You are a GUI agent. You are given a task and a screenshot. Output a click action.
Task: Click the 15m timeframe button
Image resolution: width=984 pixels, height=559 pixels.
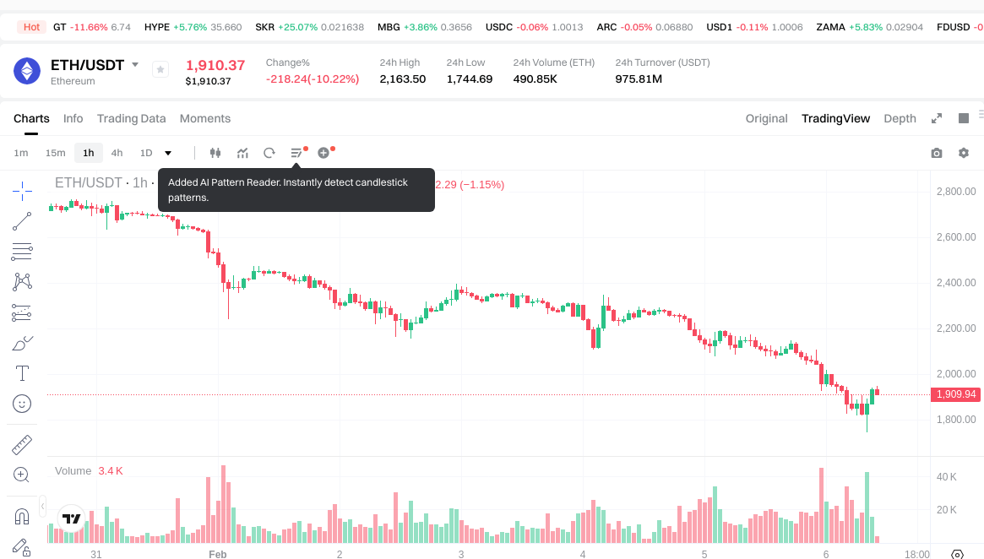55,153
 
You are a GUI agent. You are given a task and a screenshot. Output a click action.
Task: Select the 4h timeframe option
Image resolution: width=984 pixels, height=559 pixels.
117,153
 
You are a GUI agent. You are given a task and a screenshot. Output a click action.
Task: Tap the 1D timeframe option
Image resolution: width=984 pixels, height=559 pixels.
146,153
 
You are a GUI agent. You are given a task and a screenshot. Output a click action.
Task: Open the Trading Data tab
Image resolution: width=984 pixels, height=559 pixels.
131,118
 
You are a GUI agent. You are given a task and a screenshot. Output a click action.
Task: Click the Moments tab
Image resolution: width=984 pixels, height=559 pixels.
205,118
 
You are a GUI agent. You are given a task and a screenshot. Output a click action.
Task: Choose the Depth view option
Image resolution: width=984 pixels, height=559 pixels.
900,118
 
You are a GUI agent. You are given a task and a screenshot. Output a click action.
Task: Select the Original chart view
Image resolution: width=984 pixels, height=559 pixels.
766,118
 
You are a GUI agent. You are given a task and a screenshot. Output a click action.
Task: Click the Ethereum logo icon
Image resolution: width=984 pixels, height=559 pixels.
27,71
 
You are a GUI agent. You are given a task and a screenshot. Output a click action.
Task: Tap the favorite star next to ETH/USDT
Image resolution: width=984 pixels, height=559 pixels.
160,70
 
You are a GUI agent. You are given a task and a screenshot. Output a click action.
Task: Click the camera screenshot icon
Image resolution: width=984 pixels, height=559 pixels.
936,153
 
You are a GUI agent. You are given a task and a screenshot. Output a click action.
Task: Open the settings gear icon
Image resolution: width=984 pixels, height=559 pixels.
964,153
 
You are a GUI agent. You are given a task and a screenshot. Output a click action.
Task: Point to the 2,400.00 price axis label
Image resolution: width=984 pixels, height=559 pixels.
956,283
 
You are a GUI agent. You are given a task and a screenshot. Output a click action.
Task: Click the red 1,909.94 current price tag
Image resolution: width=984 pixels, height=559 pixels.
956,394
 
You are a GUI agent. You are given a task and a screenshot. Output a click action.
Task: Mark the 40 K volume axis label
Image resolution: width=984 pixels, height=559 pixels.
946,477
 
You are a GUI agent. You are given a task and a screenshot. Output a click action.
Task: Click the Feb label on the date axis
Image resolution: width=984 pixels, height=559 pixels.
218,555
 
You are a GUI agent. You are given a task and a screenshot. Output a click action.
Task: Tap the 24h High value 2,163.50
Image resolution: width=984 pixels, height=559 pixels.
402,79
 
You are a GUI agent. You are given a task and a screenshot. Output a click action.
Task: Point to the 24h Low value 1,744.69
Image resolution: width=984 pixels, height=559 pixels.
469,79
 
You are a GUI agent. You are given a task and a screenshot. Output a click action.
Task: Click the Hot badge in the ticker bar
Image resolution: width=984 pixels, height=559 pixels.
32,27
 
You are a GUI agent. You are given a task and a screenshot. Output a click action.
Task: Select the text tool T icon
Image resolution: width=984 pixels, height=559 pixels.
22,373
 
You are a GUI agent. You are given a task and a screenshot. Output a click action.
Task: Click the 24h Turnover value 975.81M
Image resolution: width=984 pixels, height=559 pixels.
639,79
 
